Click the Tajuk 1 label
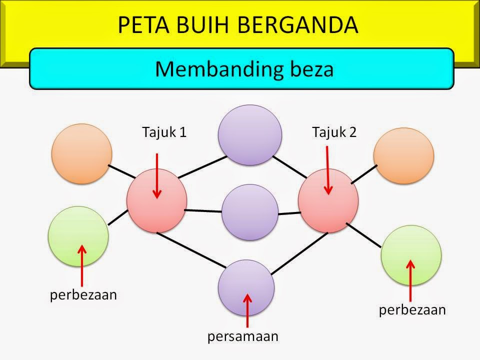[x=164, y=132]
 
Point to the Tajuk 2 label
[x=333, y=132]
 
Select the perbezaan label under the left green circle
[x=83, y=295]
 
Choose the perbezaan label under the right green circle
[x=412, y=310]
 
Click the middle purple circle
[x=249, y=212]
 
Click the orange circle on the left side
[x=81, y=154]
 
